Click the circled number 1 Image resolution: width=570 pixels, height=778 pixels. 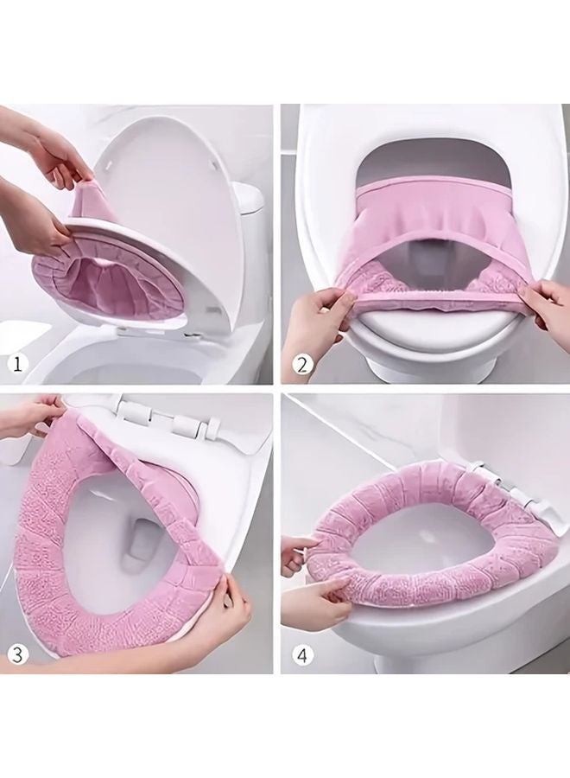18,365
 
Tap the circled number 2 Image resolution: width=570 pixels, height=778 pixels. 302,365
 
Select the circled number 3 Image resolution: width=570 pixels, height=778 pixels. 18,654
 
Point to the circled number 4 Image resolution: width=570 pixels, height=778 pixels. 302,655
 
